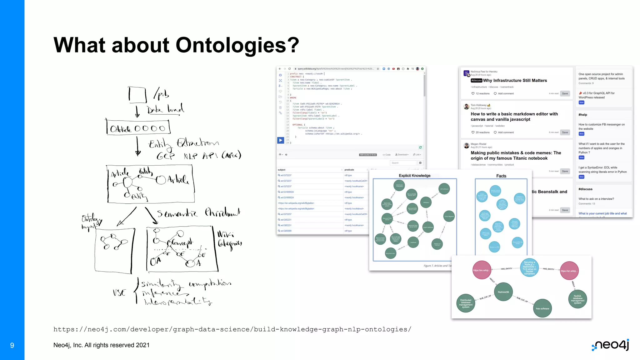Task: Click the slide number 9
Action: tap(12, 345)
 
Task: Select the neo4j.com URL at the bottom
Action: tap(232, 329)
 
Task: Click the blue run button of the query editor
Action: tap(281, 140)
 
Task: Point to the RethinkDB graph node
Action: tap(503, 292)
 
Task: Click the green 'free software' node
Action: tap(542, 308)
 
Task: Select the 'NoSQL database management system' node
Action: tap(577, 299)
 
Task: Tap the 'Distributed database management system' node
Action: tap(466, 303)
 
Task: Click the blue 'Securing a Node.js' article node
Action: tap(529, 268)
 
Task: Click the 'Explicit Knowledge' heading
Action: tap(414, 176)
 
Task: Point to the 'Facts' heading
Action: tap(501, 176)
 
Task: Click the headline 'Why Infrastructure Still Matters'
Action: tap(515, 81)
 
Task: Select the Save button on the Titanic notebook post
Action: tap(565, 171)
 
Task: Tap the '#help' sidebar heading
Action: tap(583, 115)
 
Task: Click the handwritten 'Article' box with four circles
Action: tap(138, 128)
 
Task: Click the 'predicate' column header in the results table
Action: tap(349, 170)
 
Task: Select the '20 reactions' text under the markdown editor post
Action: tap(482, 132)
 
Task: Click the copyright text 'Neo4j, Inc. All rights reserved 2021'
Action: tap(101, 345)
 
